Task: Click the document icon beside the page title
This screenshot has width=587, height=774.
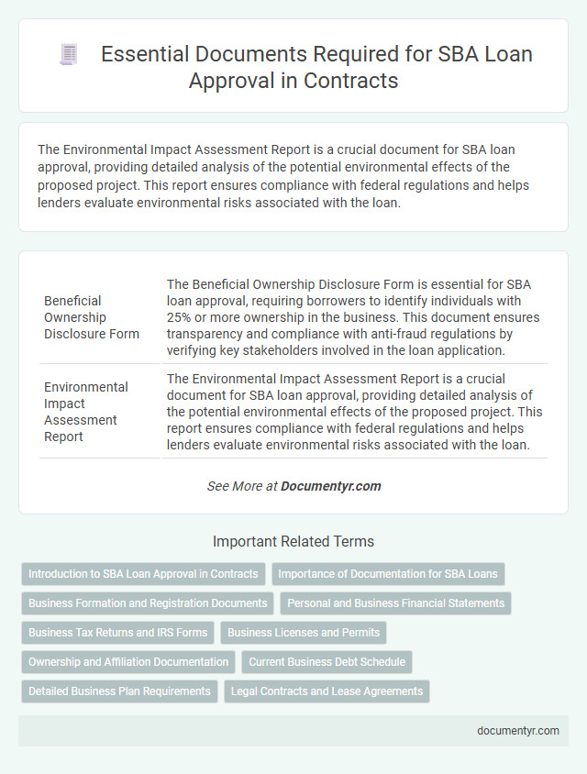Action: (68, 55)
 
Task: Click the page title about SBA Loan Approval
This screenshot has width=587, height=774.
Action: (316, 68)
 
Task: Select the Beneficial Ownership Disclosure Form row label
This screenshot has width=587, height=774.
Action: (92, 316)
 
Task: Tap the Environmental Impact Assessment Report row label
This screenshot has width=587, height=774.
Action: (87, 412)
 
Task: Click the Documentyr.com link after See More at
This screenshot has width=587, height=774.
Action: (331, 486)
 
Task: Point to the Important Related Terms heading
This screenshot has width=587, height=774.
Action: (293, 541)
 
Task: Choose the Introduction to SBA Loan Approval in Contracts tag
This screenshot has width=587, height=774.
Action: (143, 574)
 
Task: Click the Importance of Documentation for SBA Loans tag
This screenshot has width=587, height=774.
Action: (388, 574)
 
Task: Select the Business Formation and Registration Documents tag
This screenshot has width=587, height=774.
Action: (148, 603)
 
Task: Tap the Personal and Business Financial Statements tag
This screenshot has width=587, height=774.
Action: (394, 603)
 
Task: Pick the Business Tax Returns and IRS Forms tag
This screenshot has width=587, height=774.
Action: (117, 633)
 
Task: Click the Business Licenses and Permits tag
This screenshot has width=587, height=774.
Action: (303, 633)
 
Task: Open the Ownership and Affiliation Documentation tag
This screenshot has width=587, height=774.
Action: (128, 662)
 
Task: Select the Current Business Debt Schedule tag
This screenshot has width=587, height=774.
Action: (327, 662)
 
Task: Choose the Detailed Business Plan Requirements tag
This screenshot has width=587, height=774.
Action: (119, 691)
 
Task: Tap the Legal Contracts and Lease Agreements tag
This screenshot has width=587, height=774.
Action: (327, 691)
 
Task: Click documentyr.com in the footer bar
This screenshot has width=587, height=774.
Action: (519, 731)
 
